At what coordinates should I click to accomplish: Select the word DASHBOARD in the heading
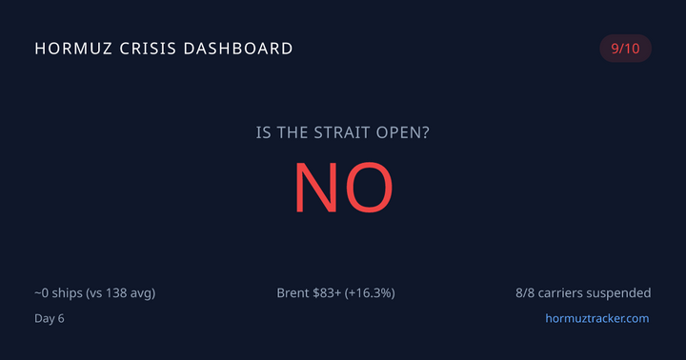click(241, 48)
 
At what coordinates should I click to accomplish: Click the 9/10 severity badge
click(625, 49)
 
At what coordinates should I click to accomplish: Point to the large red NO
click(342, 187)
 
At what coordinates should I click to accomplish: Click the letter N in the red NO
click(316, 187)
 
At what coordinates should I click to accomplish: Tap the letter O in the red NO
click(370, 187)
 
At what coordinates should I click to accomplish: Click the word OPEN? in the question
click(404, 132)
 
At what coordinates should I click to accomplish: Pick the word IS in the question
click(264, 132)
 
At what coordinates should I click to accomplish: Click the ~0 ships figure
click(55, 292)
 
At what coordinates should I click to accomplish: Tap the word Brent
click(294, 292)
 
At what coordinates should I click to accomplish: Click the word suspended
click(618, 292)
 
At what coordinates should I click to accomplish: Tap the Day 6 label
click(50, 318)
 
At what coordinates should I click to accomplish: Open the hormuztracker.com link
click(596, 318)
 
